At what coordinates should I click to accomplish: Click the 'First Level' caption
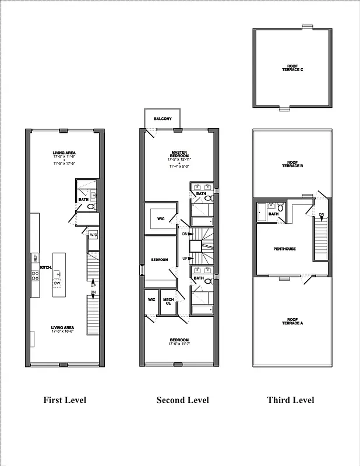(65, 400)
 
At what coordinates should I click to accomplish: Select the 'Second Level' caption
(182, 400)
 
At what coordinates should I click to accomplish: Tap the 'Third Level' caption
(291, 400)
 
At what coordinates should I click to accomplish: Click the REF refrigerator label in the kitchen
(35, 257)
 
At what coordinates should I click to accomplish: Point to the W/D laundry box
(93, 235)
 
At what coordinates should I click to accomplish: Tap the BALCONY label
(163, 119)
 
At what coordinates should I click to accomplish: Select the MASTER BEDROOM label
(179, 154)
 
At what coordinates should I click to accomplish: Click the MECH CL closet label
(168, 301)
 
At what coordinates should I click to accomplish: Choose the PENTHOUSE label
(285, 249)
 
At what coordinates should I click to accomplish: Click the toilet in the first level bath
(91, 206)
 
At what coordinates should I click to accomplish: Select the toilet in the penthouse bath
(280, 207)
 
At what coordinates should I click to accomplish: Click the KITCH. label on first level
(47, 267)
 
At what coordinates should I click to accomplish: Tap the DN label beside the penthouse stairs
(322, 215)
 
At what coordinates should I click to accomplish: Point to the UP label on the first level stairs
(93, 286)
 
